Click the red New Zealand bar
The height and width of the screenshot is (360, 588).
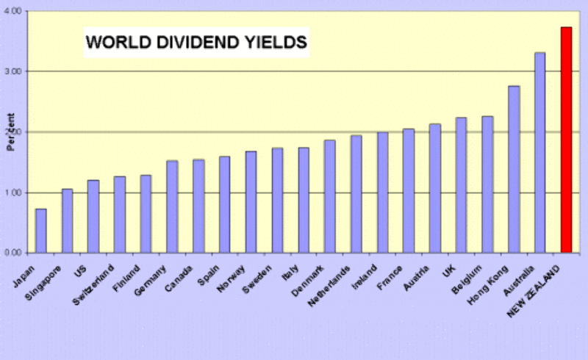(x=566, y=140)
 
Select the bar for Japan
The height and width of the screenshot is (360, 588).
(x=41, y=231)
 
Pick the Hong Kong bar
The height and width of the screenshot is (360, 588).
(x=514, y=170)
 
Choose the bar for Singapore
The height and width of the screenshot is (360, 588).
(x=67, y=220)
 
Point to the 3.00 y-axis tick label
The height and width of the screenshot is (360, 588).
(x=13, y=72)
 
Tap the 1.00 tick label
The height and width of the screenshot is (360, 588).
(x=13, y=193)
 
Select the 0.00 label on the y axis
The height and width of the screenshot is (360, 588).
(x=13, y=253)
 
